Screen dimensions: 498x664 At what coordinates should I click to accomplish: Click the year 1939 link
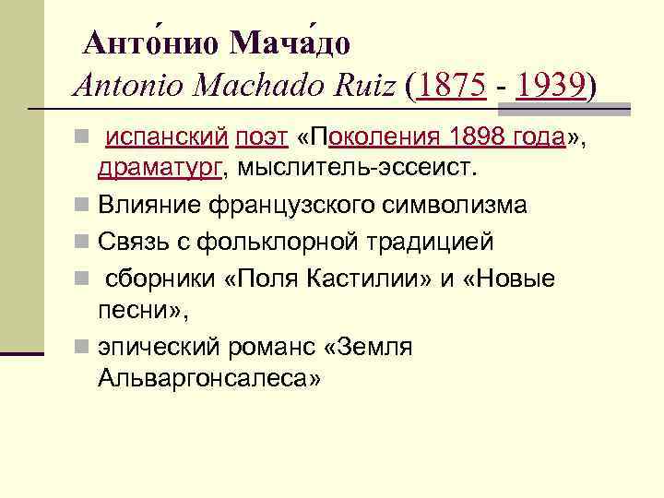(551, 87)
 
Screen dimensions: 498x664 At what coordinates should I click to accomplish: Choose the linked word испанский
(167, 138)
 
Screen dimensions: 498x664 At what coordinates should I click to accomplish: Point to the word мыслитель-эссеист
(351, 168)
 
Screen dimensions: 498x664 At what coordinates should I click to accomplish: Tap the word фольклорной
(246, 241)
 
